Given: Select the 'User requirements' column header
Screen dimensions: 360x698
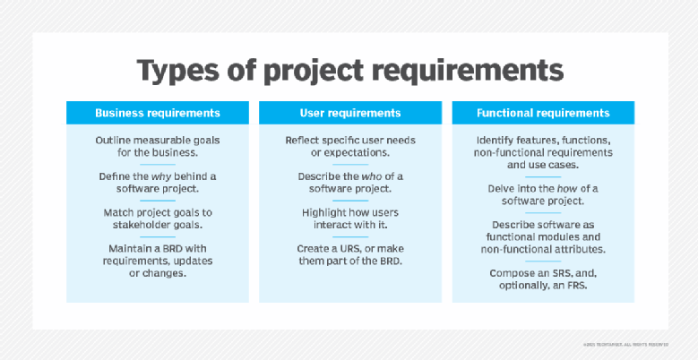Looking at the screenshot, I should click(x=350, y=113).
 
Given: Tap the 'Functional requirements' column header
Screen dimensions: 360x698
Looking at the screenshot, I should click(x=543, y=113).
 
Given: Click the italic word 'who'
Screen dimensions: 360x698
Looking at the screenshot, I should click(x=367, y=176).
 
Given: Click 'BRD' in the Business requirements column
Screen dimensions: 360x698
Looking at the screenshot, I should click(x=156, y=247).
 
